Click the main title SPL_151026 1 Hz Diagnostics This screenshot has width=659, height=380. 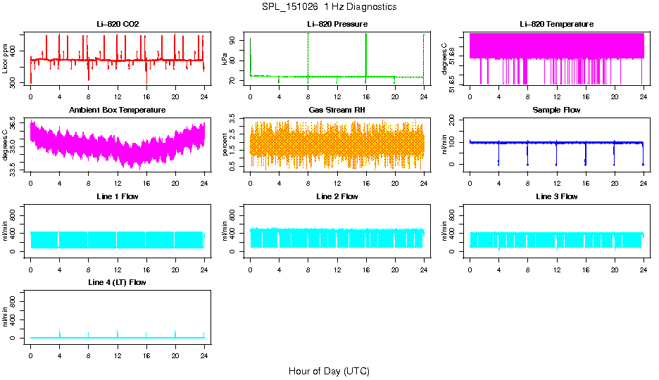point(329,7)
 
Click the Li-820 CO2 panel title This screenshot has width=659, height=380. point(118,24)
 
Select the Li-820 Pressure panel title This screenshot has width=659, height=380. point(337,24)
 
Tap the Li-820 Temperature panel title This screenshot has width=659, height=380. point(556,24)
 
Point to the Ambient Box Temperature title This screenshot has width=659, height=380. point(118,110)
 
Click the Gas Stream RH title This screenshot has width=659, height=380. point(337,110)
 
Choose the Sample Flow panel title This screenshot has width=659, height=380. point(556,110)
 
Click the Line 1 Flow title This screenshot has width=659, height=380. point(118,196)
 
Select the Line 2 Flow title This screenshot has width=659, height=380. point(337,196)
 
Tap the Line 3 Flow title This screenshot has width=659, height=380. point(556,196)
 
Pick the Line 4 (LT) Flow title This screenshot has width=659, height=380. point(118,282)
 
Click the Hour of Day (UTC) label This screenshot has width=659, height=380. point(329,371)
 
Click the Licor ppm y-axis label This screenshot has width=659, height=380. point(6,59)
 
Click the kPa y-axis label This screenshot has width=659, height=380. point(225,59)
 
